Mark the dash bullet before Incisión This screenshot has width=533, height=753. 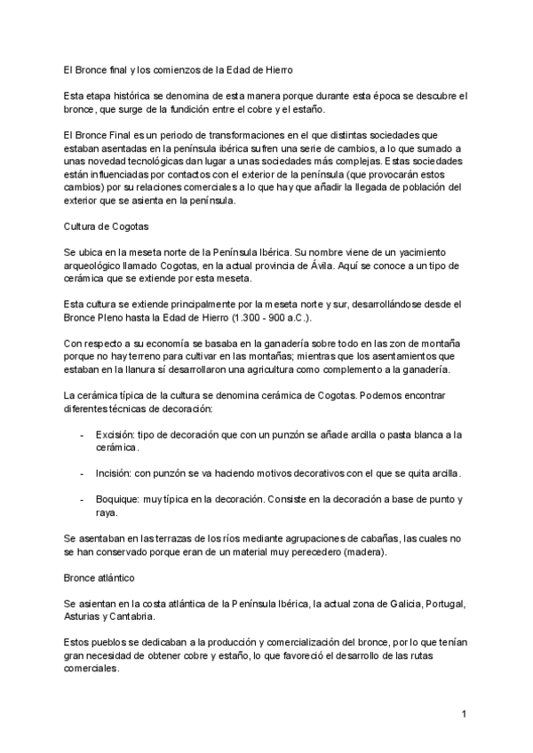click(x=83, y=473)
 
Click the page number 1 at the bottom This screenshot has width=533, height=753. click(x=464, y=714)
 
